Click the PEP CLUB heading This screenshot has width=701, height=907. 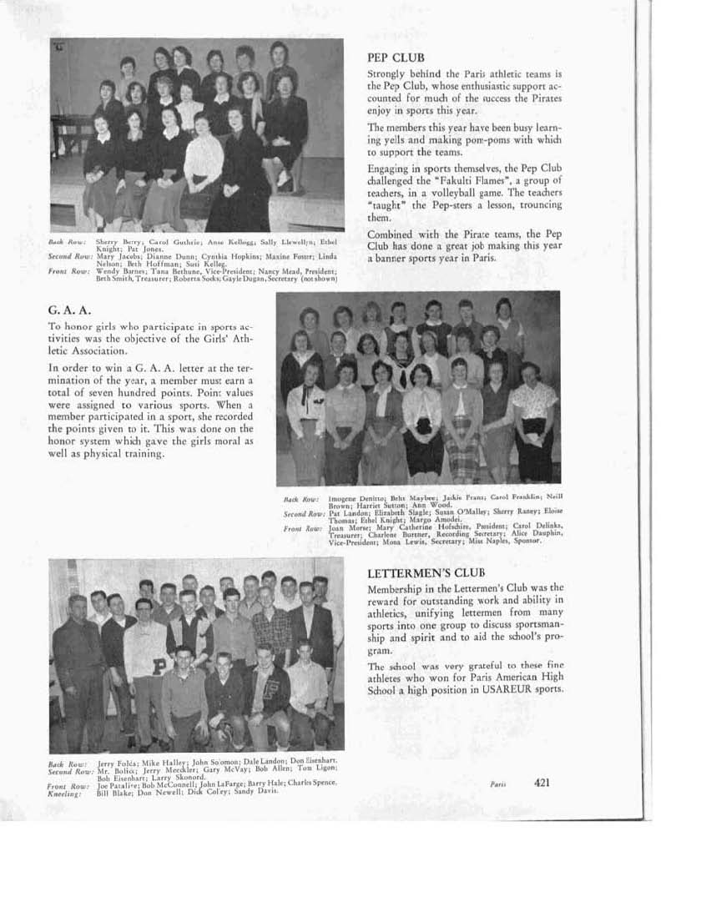396,58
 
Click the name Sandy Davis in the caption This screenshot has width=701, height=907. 259,791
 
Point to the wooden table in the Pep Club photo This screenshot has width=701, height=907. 68,133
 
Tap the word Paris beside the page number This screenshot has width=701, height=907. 497,784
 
